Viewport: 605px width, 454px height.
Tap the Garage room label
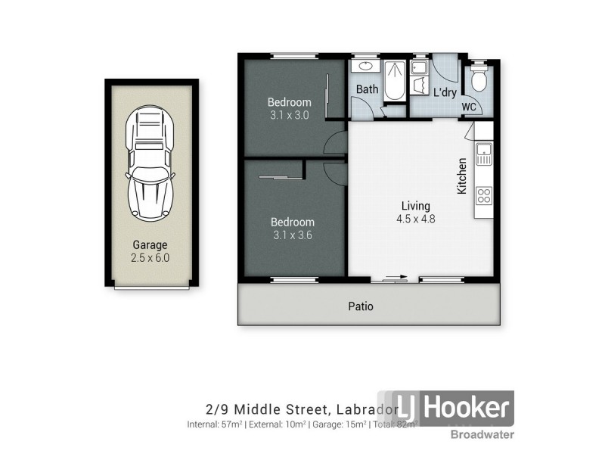150,245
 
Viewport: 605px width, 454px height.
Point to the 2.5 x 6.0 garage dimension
150,257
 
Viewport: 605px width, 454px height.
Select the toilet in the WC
478,79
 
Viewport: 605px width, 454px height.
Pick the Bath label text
368,89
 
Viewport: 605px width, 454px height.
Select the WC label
468,107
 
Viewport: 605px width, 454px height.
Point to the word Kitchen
461,177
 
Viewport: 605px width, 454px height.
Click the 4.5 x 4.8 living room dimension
416,219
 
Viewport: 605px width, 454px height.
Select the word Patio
361,306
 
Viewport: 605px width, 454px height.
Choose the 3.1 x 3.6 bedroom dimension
293,235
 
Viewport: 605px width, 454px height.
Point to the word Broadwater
482,434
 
